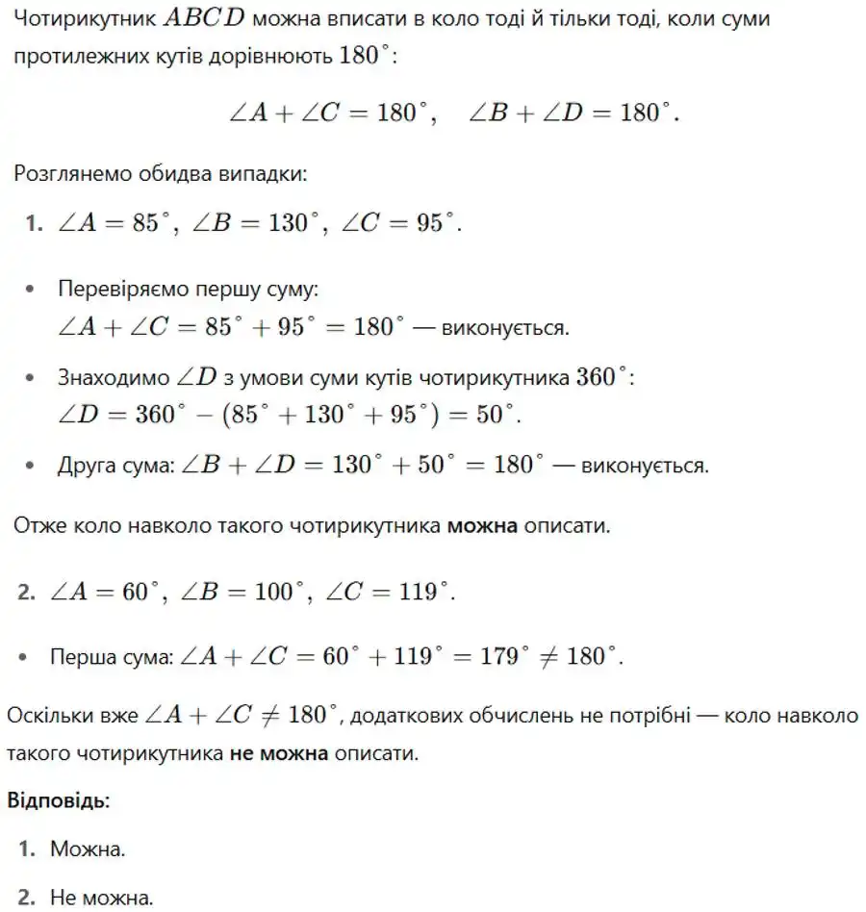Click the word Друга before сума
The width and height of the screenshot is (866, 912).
click(x=86, y=467)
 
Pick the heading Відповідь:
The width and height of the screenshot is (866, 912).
click(x=59, y=800)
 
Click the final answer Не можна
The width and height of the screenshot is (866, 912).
click(x=101, y=899)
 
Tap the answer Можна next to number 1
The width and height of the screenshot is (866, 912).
click(x=88, y=849)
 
